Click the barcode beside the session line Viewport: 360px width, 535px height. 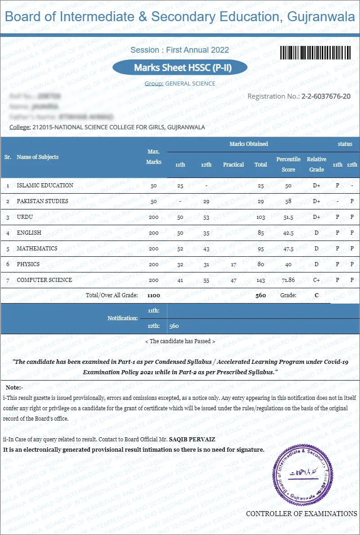point(315,53)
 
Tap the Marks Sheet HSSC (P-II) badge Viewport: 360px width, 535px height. point(180,68)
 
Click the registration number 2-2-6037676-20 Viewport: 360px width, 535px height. point(326,96)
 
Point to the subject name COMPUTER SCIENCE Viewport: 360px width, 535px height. point(44,280)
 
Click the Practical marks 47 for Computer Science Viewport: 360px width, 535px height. point(233,280)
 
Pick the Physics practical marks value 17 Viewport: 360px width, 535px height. point(233,264)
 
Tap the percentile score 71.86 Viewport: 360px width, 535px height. point(288,280)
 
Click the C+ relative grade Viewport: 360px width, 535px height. point(316,280)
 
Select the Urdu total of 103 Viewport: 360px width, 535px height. point(261,217)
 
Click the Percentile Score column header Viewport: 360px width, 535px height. point(288,164)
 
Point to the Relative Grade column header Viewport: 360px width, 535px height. point(316,164)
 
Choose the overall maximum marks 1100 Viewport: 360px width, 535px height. point(153,295)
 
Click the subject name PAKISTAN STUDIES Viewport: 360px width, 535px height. point(42,201)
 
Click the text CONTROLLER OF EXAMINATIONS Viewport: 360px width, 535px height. point(301,514)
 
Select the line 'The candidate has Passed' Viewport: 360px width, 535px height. point(180,341)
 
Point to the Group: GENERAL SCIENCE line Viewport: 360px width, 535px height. point(180,84)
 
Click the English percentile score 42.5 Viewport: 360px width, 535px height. point(288,233)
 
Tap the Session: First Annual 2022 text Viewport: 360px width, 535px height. point(180,50)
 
